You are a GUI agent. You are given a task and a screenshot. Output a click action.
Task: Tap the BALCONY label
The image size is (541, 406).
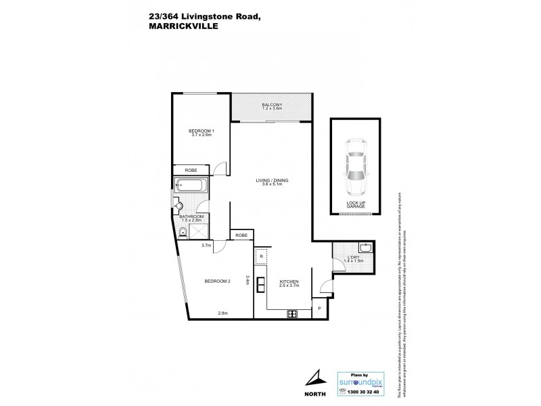click(x=272, y=107)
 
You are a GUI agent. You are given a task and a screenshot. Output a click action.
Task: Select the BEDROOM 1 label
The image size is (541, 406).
click(x=202, y=133)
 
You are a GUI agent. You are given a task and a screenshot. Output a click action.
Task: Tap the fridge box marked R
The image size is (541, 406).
click(x=261, y=258)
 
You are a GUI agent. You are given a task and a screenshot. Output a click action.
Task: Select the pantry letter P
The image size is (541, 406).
click(x=319, y=310)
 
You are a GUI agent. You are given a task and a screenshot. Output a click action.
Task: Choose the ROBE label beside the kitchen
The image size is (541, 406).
click(x=242, y=235)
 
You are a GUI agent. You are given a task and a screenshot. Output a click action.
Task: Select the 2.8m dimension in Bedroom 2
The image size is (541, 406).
click(x=222, y=313)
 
